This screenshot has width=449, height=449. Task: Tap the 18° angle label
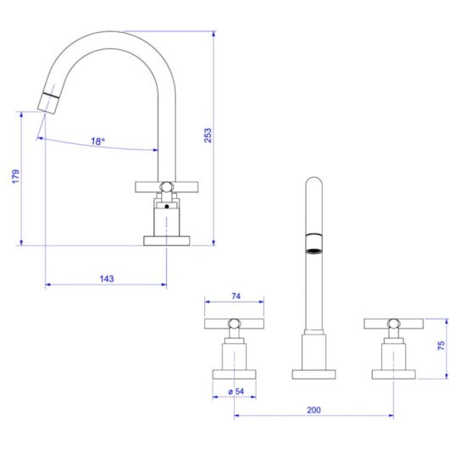click(x=98, y=141)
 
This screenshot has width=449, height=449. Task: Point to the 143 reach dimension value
click(x=107, y=278)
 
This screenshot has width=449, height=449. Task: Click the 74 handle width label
click(x=236, y=297)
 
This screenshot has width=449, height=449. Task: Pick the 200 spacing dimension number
click(x=313, y=409)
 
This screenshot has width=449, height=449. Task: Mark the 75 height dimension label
click(x=441, y=346)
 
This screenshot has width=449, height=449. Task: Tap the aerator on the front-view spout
click(x=313, y=245)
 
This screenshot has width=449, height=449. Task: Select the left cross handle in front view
click(x=235, y=323)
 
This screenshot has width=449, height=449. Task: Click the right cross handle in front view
click(x=392, y=323)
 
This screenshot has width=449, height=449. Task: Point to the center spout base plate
click(x=313, y=374)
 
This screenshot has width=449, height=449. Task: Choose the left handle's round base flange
click(x=235, y=374)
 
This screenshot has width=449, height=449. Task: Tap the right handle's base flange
click(x=392, y=374)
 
